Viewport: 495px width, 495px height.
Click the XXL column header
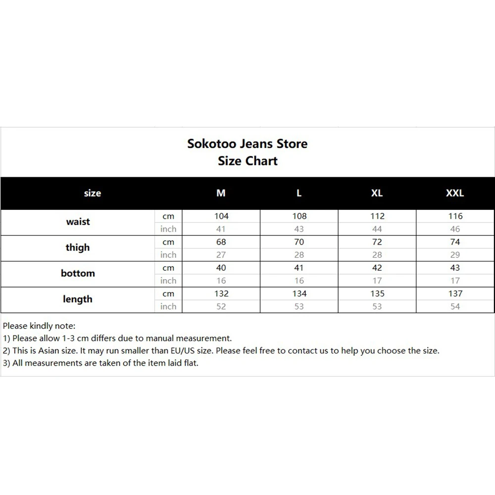click(x=455, y=193)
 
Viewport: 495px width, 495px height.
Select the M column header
click(x=221, y=193)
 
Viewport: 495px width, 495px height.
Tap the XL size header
click(x=377, y=193)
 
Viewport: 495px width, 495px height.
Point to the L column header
click(x=299, y=193)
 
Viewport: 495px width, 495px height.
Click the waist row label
click(x=78, y=222)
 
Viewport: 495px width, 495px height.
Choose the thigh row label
click(x=78, y=247)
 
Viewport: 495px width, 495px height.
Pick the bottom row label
click(x=78, y=273)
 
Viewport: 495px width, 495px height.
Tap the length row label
click(x=78, y=299)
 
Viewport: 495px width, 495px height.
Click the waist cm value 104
click(x=221, y=216)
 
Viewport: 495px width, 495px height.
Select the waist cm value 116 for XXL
click(x=455, y=216)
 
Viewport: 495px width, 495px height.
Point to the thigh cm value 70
click(x=299, y=242)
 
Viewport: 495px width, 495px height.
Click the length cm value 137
click(x=455, y=294)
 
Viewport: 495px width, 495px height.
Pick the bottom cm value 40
click(x=221, y=268)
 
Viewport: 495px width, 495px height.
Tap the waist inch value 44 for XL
click(x=377, y=229)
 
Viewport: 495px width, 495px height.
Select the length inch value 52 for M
click(x=221, y=306)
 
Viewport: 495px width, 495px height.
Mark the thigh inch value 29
click(x=455, y=255)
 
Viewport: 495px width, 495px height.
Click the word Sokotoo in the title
click(x=211, y=144)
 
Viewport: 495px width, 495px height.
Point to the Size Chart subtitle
click(x=247, y=161)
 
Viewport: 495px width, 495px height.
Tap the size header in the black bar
click(x=93, y=193)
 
